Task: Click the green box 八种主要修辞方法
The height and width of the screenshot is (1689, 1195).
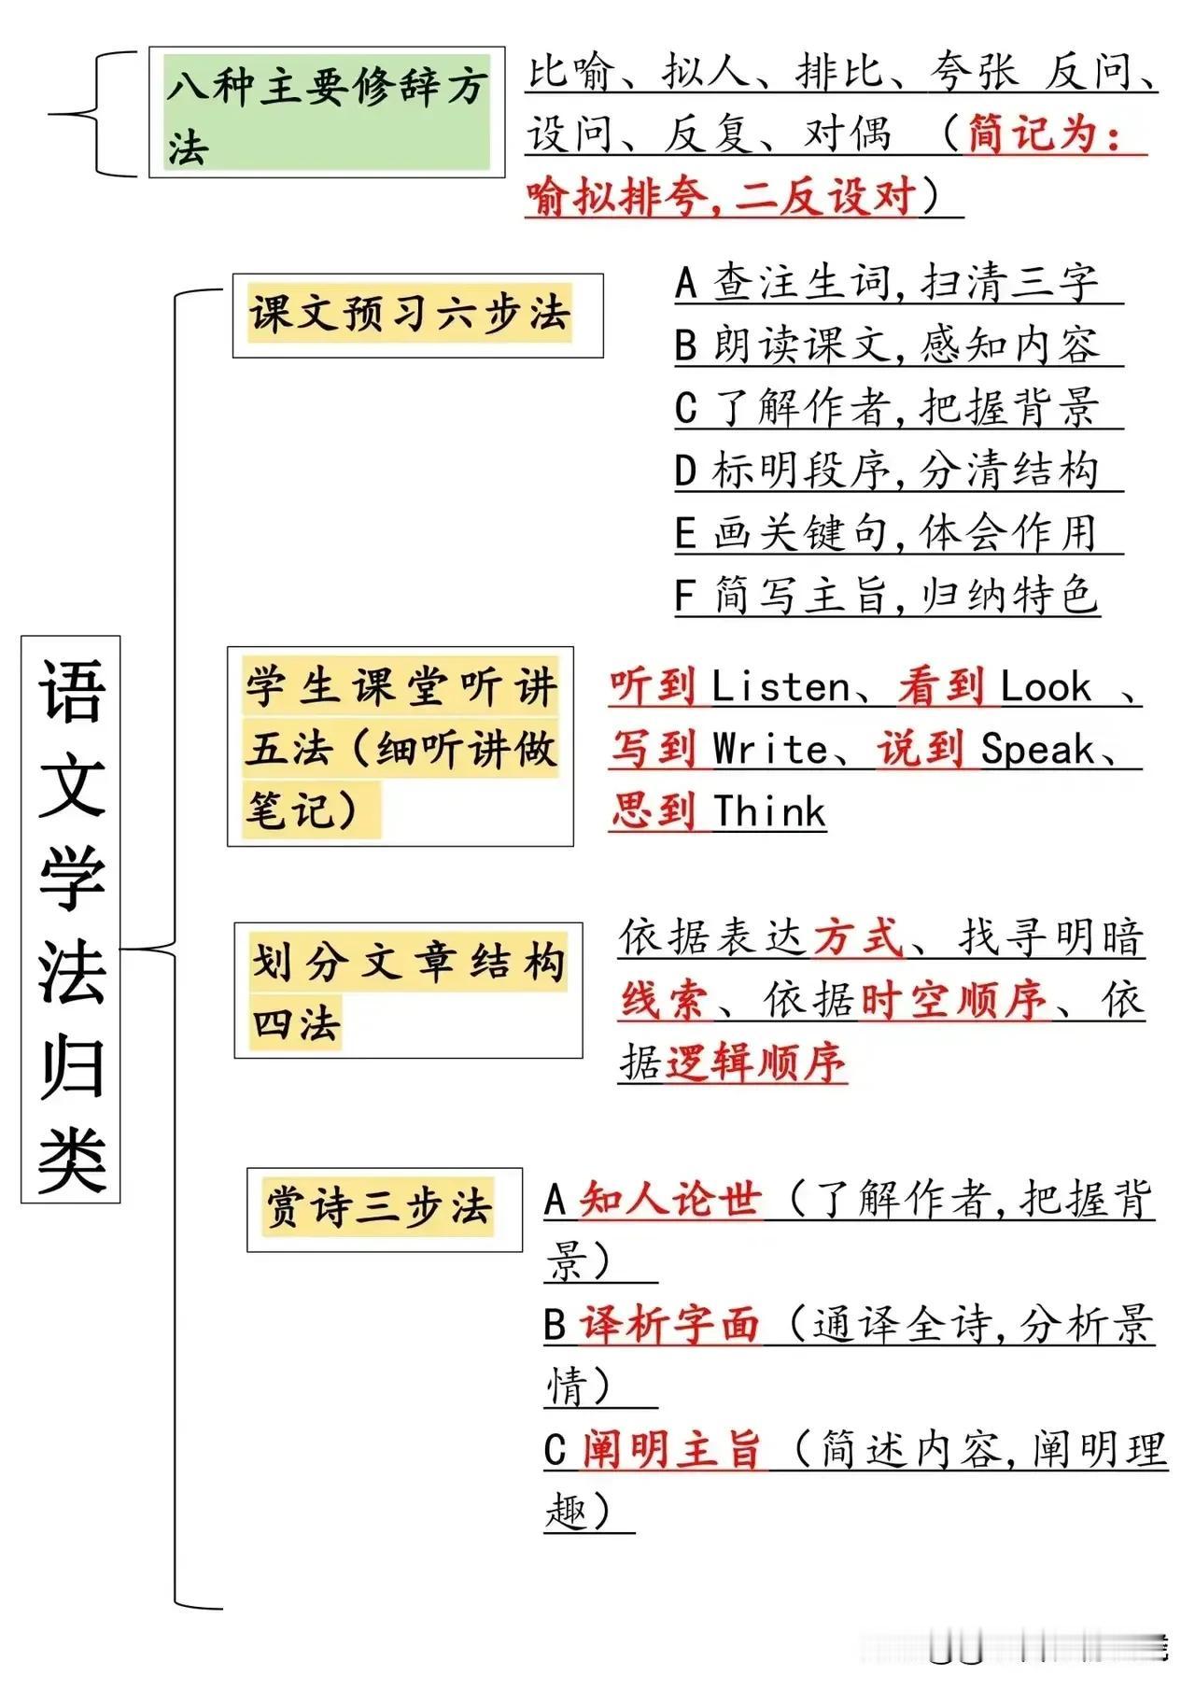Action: point(327,112)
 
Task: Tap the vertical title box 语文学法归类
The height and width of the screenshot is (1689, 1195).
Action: point(71,919)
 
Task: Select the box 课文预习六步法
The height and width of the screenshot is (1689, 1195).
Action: point(418,316)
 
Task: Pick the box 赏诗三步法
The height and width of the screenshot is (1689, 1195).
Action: point(385,1209)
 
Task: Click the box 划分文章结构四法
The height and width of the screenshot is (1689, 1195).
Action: point(408,991)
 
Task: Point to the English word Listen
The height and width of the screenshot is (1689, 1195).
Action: point(780,688)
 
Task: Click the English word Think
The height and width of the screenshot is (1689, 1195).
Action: point(770,812)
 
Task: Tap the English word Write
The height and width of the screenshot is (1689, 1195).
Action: point(770,750)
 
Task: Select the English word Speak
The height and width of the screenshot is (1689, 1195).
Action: point(1036,750)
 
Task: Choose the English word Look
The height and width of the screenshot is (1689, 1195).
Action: point(1046,688)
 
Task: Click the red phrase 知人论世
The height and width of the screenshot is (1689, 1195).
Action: point(670,1200)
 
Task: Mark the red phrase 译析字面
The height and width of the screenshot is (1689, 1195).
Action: point(670,1325)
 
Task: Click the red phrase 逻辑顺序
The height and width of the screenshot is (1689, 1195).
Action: point(755,1063)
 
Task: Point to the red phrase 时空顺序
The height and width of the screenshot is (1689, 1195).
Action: point(954,1000)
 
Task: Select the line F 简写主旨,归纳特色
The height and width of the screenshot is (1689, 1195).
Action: point(887,596)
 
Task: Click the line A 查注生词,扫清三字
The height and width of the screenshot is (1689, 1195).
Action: point(887,283)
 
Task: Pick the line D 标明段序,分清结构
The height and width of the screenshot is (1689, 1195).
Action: point(887,471)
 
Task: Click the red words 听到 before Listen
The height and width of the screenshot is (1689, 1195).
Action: point(654,688)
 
